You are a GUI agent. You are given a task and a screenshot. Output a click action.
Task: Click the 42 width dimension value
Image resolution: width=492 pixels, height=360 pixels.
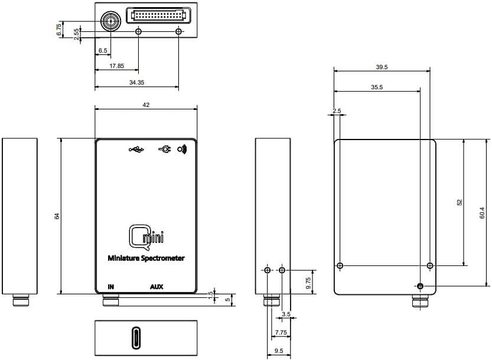pos(146,105)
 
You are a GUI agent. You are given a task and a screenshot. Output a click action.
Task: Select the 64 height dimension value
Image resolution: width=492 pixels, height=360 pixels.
pos(57,216)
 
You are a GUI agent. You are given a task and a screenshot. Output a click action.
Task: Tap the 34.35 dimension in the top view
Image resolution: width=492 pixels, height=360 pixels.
pos(136,83)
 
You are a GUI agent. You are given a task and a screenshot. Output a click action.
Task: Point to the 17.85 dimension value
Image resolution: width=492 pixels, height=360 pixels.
pos(116,66)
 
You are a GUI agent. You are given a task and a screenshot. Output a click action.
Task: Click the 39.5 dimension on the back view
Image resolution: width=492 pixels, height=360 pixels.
pos(382,67)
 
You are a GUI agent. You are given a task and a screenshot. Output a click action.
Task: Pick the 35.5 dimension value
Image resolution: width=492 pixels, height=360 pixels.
pos(377,87)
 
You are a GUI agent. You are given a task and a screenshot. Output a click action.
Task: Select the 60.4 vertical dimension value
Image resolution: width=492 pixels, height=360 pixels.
pos(482,213)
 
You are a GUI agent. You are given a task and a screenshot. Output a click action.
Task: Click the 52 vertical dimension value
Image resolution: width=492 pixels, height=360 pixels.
pos(460,202)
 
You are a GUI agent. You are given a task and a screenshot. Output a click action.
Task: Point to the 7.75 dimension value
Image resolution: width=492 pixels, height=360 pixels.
pos(281,333)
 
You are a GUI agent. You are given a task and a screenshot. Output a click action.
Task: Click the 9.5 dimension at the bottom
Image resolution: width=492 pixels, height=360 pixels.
pos(278,351)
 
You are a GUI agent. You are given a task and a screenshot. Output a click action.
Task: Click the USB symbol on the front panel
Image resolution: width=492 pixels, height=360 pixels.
pos(136,150)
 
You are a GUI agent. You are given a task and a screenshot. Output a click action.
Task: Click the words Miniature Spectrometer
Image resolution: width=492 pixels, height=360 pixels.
pos(146,258)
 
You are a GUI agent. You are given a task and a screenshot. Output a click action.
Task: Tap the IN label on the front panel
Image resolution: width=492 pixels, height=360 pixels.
pos(110,287)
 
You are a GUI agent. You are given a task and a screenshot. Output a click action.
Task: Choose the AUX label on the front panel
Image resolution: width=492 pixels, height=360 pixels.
pos(157,287)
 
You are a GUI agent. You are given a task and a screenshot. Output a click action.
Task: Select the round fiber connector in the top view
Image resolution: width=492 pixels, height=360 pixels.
pos(109,22)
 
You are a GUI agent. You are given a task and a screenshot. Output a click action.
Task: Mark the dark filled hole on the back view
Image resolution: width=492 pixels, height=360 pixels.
pos(420,287)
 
